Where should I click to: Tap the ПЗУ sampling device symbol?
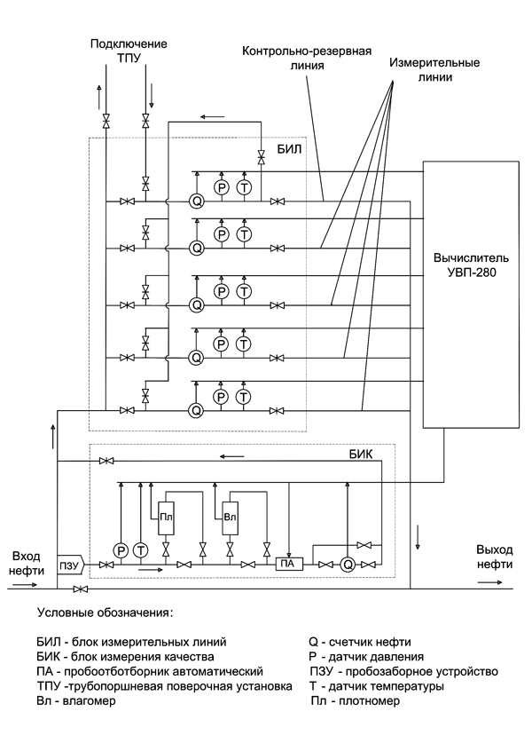tap(70, 565)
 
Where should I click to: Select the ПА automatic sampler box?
tap(288, 565)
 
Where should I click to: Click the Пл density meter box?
tap(166, 518)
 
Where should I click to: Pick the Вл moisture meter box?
tap(231, 518)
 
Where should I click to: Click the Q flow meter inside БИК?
tap(348, 565)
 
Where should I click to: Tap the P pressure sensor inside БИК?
tap(121, 551)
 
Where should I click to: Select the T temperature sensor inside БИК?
tap(141, 551)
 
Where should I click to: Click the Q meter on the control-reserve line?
tap(196, 202)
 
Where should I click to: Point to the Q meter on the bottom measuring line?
tap(195, 410)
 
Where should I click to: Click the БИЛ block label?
tap(290, 149)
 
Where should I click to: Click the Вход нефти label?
tap(27, 564)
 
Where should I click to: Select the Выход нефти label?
tap(494, 557)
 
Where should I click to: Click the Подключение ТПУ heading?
tap(129, 51)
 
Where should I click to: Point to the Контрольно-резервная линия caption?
tap(307, 58)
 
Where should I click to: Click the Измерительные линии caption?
tap(434, 69)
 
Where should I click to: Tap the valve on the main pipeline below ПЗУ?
tap(81, 589)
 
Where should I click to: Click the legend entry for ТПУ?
tap(164, 686)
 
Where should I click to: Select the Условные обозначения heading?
tap(105, 613)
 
